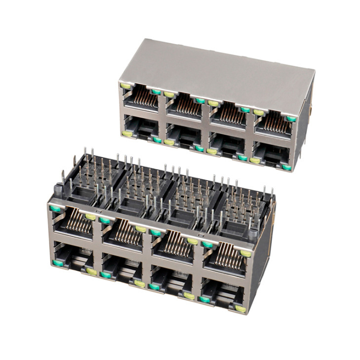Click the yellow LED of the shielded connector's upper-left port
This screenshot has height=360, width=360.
tap(125, 87)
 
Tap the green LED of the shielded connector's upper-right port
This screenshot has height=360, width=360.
tap(291, 119)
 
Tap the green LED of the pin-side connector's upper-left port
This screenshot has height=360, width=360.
tap(55, 209)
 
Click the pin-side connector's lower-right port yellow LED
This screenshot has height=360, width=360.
tap(240, 309)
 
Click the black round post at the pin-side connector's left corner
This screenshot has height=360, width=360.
tap(56, 190)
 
